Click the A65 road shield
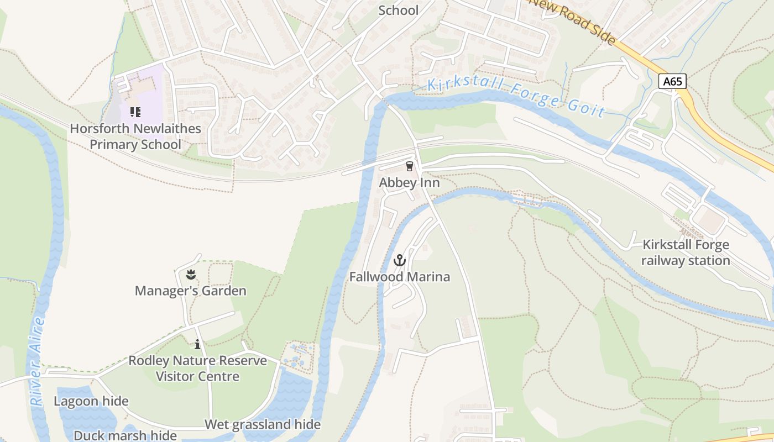pos(673,82)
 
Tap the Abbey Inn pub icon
pos(409,166)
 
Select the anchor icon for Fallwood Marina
pos(399,260)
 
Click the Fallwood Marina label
pos(399,277)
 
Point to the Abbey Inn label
pos(409,183)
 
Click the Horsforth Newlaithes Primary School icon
pos(135,112)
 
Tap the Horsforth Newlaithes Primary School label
pos(135,137)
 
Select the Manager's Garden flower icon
pos(191,274)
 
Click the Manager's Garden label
pos(191,291)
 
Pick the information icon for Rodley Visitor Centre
pos(197,345)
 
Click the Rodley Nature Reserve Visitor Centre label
pos(197,369)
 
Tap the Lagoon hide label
pos(91,402)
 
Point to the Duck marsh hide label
pos(125,435)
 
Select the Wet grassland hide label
pos(263,424)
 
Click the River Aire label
pos(38,362)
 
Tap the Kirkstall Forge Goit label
pos(517,97)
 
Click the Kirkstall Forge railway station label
pos(686,252)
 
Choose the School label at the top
pos(398,10)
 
